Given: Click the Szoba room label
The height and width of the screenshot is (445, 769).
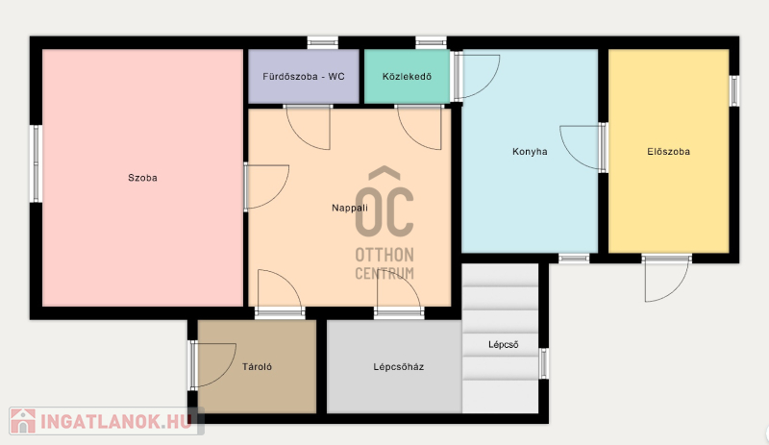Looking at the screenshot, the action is coord(142,178).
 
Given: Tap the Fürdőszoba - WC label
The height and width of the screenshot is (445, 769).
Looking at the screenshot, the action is coord(304,77).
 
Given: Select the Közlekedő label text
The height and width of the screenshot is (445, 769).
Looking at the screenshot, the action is coord(407,77).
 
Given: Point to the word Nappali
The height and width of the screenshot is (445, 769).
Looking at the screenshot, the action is coord(350,208).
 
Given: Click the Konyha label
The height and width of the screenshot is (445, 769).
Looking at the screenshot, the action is coord(530,152).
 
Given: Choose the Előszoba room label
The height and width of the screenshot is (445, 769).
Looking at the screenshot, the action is coord(668,152).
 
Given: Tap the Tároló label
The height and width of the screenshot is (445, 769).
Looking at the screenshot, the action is coord(257,366).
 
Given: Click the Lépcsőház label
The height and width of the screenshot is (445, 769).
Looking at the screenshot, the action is coord(398,366).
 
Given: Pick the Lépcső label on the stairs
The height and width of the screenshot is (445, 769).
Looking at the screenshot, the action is coord(503,344).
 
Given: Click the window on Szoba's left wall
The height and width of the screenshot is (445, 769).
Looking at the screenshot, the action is coord(36,163).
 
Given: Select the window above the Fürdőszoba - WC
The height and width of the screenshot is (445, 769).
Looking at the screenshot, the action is coord(323,42).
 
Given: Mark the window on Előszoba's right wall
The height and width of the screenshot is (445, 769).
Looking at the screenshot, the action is coord(733,90).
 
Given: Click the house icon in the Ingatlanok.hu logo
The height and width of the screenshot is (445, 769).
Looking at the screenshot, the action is coord(23,421).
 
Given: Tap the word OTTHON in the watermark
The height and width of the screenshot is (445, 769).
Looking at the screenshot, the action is coord(384,255).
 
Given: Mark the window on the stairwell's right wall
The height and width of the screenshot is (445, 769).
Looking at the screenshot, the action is coord(543,363).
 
